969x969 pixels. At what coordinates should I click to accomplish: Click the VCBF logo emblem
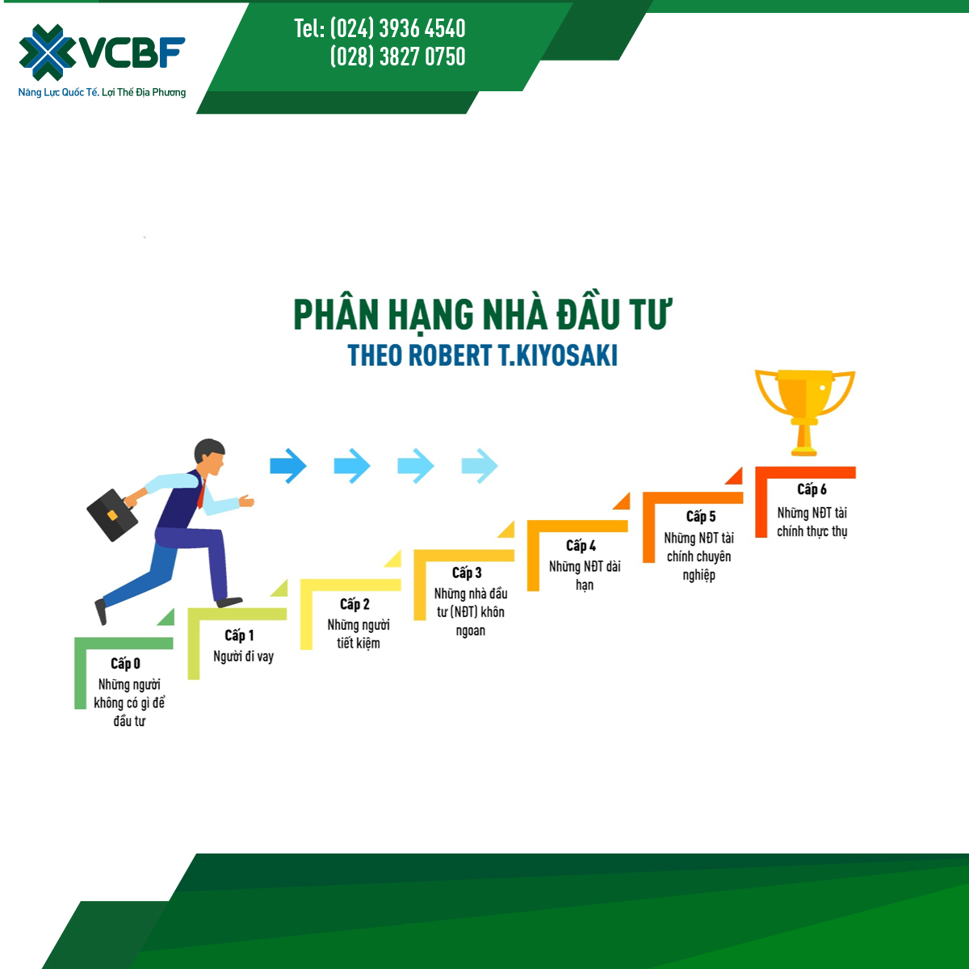tap(47, 52)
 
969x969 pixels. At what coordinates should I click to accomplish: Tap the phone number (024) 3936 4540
tap(397, 28)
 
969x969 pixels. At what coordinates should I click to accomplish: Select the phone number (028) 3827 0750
tap(397, 57)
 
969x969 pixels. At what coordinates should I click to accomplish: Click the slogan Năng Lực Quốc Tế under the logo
tap(58, 93)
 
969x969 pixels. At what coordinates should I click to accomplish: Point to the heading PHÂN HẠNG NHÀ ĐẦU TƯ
tap(483, 315)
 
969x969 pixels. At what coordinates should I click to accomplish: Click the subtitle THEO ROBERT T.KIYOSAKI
tap(483, 355)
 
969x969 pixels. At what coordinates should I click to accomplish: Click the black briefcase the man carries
tap(112, 515)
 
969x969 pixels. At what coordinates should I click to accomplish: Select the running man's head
tap(210, 457)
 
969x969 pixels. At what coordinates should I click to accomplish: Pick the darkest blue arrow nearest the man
tap(288, 466)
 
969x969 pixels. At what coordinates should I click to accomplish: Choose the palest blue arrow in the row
tap(480, 466)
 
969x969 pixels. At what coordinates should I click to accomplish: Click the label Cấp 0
tap(126, 664)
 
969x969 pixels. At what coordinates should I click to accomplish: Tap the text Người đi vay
tap(243, 656)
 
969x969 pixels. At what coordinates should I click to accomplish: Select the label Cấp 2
tap(354, 604)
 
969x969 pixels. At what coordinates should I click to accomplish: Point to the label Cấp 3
tap(467, 573)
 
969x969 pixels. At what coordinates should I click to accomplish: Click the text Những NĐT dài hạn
tap(585, 576)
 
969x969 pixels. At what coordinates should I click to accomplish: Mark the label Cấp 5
tap(700, 517)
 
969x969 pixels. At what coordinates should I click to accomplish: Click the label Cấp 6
tap(812, 489)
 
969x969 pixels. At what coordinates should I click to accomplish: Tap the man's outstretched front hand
tap(246, 501)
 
